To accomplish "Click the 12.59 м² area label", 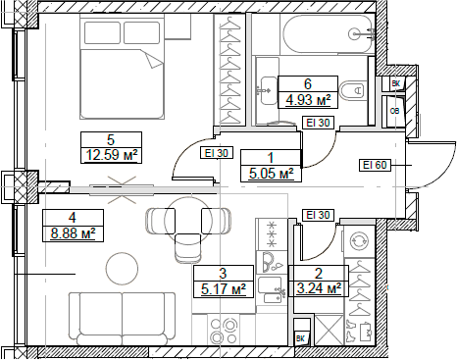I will pos(110,153).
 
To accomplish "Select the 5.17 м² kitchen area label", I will pos(223,288).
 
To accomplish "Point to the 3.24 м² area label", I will pos(319,288).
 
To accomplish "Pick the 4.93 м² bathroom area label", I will pos(307,99).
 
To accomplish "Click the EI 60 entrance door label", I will pos(376,165).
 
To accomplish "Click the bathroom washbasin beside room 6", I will pos(266,91).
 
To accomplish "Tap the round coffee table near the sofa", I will pos(124,267).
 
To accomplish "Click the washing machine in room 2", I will pos(357,239).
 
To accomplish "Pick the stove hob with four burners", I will pos(268,234).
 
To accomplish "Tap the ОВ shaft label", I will pos(393,111).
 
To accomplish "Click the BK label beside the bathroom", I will pos(394,84).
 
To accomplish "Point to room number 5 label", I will pos(110,138).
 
